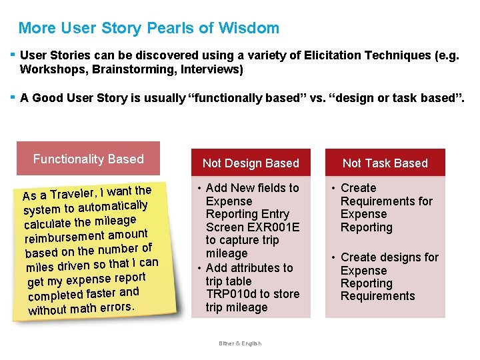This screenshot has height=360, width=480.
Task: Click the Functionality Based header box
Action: tap(88, 159)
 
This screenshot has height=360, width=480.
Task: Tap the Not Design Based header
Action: tap(251, 163)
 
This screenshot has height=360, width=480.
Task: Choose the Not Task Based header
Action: tap(385, 163)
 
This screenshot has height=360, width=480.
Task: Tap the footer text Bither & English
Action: tap(240, 343)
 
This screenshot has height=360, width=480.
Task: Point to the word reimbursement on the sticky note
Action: tap(65, 237)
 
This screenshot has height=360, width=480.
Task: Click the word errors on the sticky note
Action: tap(117, 307)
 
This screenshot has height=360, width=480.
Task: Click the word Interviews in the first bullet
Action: tap(211, 69)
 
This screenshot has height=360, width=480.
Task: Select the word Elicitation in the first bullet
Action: tap(334, 56)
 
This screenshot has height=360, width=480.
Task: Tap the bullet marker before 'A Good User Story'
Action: tap(13, 97)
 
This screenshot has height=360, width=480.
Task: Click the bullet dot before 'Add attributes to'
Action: tap(199, 268)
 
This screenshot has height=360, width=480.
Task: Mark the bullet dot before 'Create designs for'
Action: tap(334, 257)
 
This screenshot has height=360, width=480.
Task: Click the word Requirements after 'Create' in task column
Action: tap(386, 201)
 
